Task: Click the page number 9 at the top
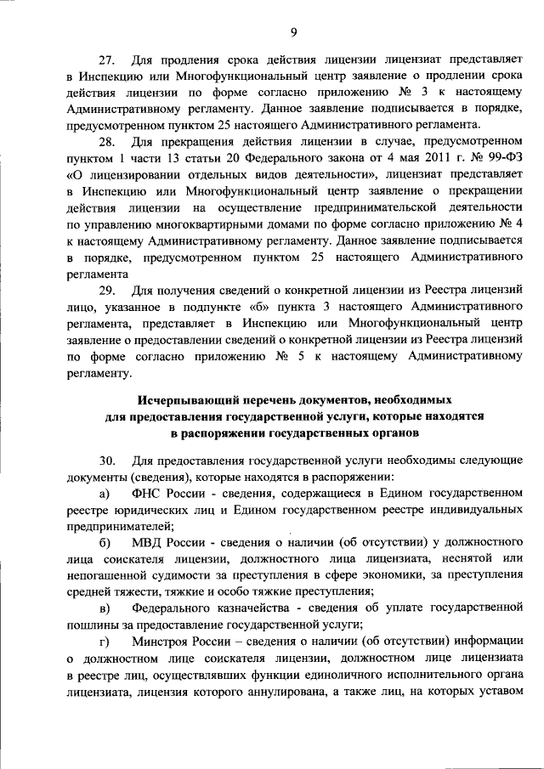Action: tap(292, 32)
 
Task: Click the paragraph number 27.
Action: tap(107, 60)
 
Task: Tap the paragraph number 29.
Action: tap(107, 291)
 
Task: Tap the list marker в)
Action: tap(104, 608)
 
